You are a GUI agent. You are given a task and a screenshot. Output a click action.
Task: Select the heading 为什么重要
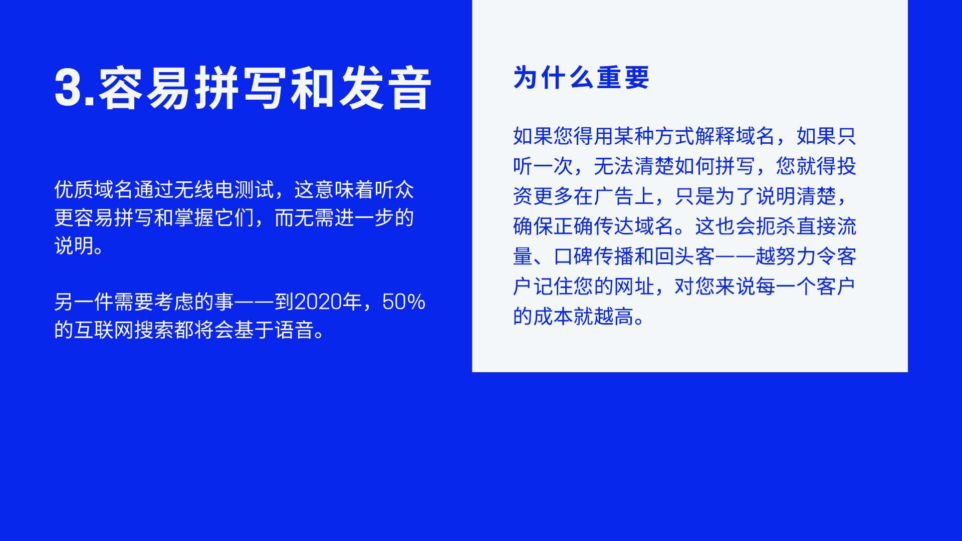click(581, 78)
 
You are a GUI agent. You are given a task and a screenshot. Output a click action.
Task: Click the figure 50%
click(404, 302)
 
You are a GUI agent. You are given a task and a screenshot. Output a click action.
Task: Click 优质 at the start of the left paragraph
click(74, 190)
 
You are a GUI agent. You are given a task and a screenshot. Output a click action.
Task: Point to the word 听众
click(394, 190)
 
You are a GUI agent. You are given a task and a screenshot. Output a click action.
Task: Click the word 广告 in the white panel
click(614, 196)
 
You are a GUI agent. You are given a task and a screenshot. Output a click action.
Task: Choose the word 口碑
click(574, 256)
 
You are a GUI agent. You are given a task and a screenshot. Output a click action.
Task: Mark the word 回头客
click(685, 256)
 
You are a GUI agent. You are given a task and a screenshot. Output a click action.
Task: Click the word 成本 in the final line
click(554, 317)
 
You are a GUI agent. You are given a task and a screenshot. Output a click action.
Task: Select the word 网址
click(634, 287)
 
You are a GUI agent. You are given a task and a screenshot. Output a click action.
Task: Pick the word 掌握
click(194, 218)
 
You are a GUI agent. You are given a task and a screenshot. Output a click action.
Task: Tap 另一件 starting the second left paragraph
click(84, 302)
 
